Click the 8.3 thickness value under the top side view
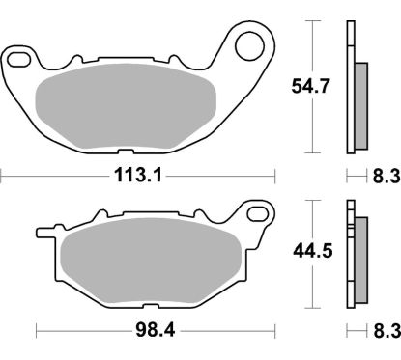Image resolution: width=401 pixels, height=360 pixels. [x=386, y=176]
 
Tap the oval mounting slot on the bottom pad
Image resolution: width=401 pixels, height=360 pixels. [x=258, y=211]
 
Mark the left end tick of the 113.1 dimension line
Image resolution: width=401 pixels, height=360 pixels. [x=2, y=176]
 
